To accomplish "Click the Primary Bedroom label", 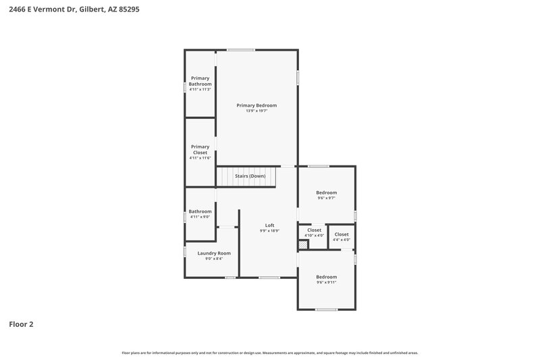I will pyautogui.click(x=256, y=105).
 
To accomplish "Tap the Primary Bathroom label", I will pyautogui.click(x=200, y=81).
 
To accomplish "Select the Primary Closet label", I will pyautogui.click(x=200, y=149).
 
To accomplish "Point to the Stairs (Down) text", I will pyautogui.click(x=250, y=176).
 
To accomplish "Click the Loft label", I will pyautogui.click(x=269, y=225).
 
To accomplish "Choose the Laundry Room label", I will pyautogui.click(x=209, y=253).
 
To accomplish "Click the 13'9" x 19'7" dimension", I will pyautogui.click(x=256, y=111).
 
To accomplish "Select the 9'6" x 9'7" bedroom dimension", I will pyautogui.click(x=327, y=198).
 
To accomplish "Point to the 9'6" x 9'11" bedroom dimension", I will pyautogui.click(x=327, y=282).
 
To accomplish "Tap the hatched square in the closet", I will pyautogui.click(x=304, y=244).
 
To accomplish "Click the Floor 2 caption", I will pyautogui.click(x=21, y=324).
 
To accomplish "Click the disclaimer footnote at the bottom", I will pyautogui.click(x=269, y=353).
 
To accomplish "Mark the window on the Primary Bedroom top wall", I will pyautogui.click(x=240, y=49).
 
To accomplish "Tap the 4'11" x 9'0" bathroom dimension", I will pyautogui.click(x=200, y=217).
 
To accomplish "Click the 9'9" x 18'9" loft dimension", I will pyautogui.click(x=269, y=230).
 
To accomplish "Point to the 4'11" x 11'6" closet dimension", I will pyautogui.click(x=200, y=158).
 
